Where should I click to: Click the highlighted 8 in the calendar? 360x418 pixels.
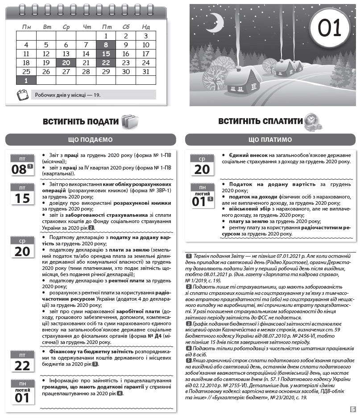106,45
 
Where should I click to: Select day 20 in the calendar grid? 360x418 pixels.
66,62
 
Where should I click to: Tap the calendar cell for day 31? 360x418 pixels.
145,71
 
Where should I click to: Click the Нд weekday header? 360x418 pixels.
145,27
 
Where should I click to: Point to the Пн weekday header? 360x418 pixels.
26,27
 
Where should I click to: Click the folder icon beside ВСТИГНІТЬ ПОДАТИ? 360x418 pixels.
130,121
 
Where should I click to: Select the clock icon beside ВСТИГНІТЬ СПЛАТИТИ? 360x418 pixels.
310,122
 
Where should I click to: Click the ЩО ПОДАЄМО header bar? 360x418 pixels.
91,140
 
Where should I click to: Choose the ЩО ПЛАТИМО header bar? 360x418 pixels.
270,140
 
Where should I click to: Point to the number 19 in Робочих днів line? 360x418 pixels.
98,95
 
